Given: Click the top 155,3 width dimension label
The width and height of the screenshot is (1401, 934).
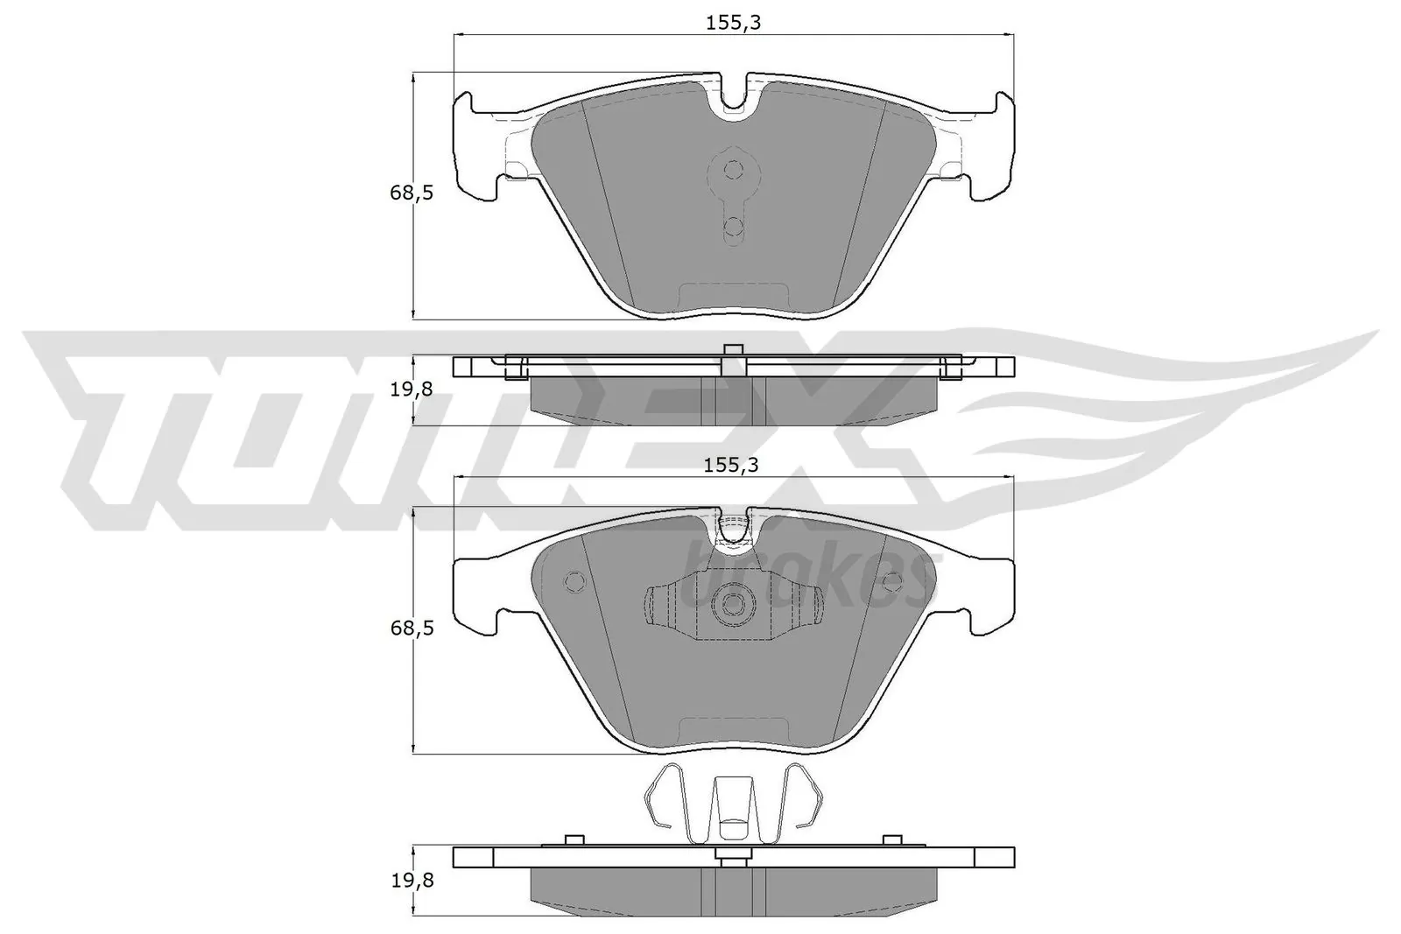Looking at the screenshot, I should pos(734,24).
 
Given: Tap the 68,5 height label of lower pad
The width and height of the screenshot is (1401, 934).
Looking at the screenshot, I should pos(412,628).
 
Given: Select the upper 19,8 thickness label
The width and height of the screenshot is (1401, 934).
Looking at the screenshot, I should pos(412,390).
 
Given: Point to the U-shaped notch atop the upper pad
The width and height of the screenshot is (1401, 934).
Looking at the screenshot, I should pos(734,96).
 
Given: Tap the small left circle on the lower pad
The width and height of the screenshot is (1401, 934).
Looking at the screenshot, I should pos(575,580).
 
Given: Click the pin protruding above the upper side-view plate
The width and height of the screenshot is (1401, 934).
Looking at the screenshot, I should pos(734,350).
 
